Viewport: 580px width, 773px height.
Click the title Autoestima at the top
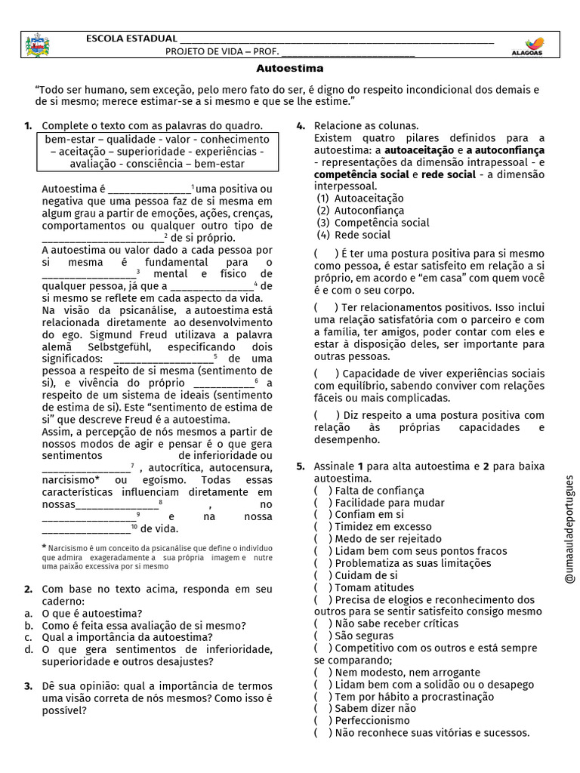(x=290, y=68)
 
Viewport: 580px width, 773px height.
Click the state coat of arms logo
(x=35, y=45)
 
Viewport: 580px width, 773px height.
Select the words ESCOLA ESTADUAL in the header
(x=131, y=38)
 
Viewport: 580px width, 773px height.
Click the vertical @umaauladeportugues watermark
(x=569, y=529)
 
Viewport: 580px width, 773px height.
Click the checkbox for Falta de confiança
(x=322, y=491)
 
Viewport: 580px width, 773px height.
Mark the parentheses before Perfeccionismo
(x=322, y=720)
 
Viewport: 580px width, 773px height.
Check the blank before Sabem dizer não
(x=322, y=708)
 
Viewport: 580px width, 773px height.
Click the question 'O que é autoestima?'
(x=92, y=614)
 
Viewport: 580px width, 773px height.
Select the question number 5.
(x=300, y=467)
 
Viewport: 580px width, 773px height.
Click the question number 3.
(x=27, y=685)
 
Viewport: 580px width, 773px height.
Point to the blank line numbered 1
(x=150, y=189)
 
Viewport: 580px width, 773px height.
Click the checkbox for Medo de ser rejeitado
(x=322, y=539)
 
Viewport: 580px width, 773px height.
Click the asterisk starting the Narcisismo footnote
(x=45, y=547)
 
